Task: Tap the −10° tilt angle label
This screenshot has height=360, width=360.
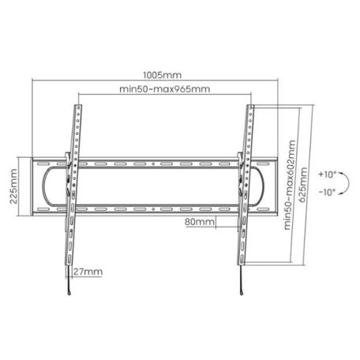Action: coord(326,191)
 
